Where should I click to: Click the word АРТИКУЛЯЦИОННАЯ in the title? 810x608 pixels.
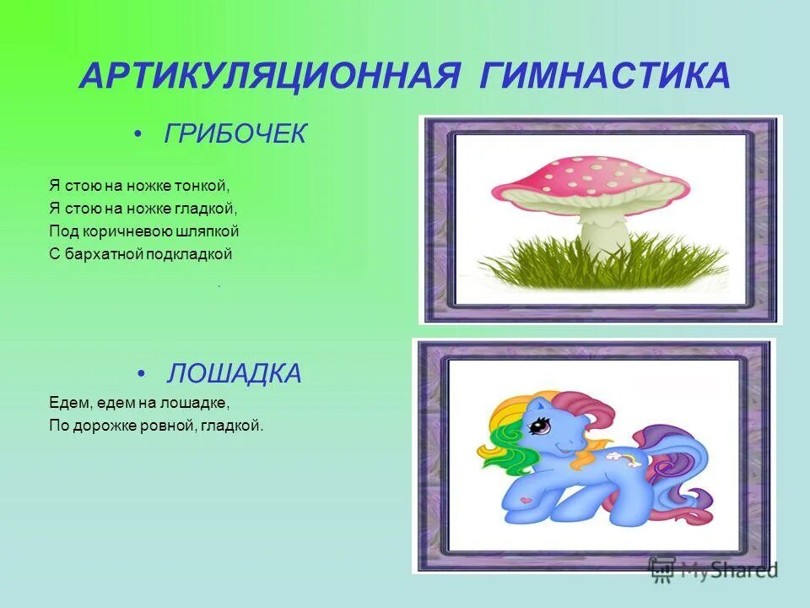tap(269, 77)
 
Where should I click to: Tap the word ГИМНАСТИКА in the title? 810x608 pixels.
tap(606, 77)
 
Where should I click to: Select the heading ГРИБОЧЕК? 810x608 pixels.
tap(235, 134)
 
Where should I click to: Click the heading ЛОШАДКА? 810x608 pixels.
tap(235, 374)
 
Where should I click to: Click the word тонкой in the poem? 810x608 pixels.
tap(204, 183)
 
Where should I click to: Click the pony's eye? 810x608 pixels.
tap(537, 427)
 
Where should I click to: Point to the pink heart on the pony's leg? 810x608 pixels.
tap(528, 499)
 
